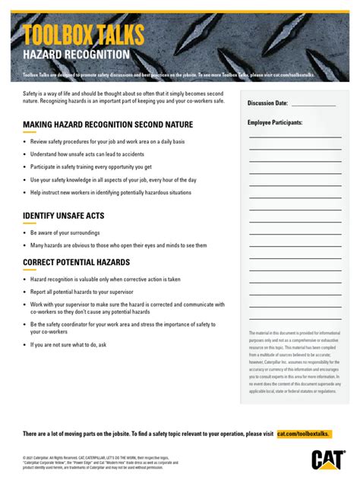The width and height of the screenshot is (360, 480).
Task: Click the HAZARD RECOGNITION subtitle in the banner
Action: (x=76, y=55)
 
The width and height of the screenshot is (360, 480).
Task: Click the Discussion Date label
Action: (x=267, y=103)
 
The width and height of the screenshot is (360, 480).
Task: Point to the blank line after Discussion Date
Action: (x=313, y=105)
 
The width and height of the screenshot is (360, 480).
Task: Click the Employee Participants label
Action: (x=275, y=122)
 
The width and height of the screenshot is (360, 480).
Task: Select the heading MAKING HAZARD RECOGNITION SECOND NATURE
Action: (x=108, y=125)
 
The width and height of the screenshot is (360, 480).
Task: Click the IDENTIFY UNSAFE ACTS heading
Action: (x=64, y=216)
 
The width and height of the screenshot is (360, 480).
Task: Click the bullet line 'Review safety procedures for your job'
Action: (x=102, y=141)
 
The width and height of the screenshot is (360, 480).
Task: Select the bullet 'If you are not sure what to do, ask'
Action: (x=68, y=344)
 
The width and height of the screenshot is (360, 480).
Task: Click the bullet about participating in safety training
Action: (x=91, y=167)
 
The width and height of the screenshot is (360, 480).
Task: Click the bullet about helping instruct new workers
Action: (x=111, y=193)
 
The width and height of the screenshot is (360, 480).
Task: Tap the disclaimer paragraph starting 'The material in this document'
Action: (x=295, y=362)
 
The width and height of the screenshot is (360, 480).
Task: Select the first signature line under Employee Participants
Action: (x=295, y=137)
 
